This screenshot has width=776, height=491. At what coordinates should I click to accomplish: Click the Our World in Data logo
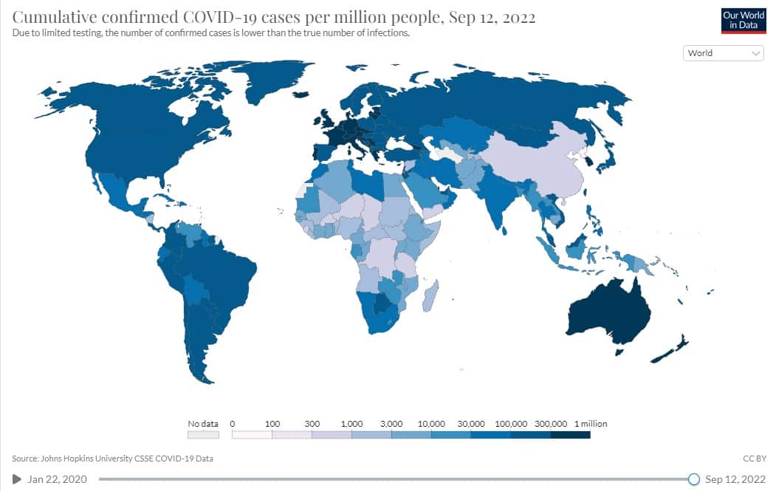(743, 20)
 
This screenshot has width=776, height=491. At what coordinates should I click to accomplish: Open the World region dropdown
(723, 53)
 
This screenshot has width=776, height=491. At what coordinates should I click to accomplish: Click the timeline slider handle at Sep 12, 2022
(693, 479)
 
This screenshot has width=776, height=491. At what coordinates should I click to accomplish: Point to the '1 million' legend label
(590, 424)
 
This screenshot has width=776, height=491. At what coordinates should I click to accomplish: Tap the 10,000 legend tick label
(431, 424)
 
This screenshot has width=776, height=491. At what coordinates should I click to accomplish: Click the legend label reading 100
(272, 424)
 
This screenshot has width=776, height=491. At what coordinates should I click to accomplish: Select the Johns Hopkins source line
(112, 459)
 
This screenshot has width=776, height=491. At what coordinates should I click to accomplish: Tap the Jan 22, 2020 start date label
(57, 479)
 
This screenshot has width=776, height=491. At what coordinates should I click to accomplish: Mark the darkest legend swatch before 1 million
(570, 435)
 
